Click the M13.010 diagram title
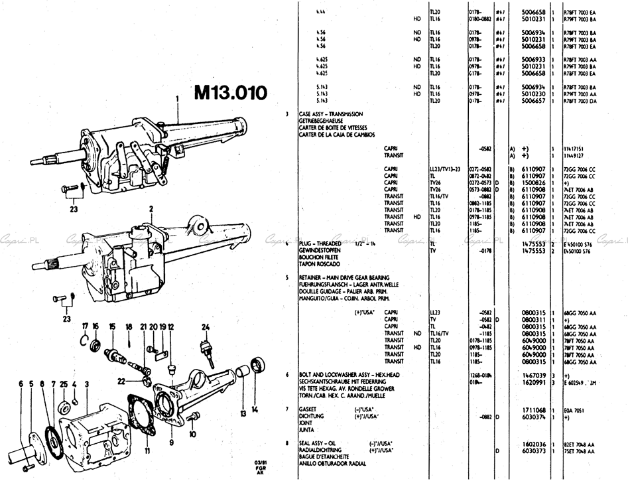coord(230,92)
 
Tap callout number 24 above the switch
coord(206,326)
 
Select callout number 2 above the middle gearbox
coord(151,208)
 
